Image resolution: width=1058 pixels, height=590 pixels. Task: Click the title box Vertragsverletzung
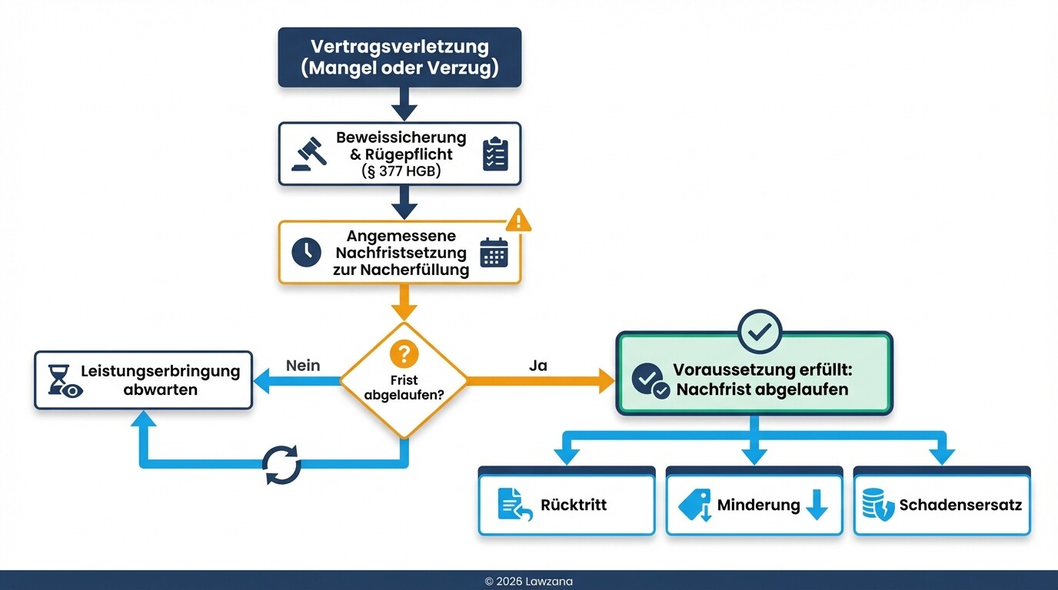coord(399,57)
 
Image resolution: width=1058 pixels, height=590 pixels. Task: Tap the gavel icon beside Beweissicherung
coord(308,154)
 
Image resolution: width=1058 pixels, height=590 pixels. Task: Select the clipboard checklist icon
coord(494,154)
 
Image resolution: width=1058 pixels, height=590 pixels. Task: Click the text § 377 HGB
coord(401,171)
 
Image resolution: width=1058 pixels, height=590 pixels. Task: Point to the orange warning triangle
coord(519,221)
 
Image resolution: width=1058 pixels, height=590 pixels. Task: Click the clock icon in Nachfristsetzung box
coord(307,252)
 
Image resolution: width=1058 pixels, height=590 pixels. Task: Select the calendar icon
coord(494,252)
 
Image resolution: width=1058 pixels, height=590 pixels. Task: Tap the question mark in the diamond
coord(404,354)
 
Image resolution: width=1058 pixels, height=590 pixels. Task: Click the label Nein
coord(302,365)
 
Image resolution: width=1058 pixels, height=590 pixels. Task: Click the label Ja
coord(538,366)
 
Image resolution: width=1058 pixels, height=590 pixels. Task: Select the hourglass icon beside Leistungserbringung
coord(61,380)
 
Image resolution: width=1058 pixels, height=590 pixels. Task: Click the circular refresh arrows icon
coord(282,465)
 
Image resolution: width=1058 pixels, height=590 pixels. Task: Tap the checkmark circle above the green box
coord(759,332)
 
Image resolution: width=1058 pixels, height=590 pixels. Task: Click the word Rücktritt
coord(574,505)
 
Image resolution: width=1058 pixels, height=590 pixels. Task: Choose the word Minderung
coord(758,505)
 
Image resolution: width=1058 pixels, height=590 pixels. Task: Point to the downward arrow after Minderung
coord(817,505)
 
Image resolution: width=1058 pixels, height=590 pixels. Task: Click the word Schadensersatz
coord(960,505)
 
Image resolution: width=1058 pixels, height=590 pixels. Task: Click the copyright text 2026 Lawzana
coord(529,582)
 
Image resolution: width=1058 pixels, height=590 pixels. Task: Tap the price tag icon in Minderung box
coord(695,505)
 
